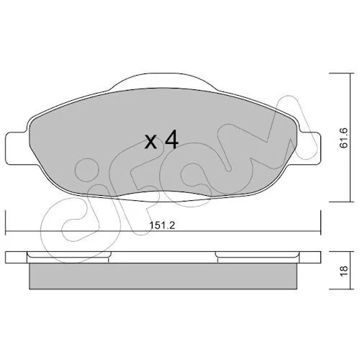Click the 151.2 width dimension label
(163, 225)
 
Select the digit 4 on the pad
(172, 140)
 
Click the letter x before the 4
(151, 143)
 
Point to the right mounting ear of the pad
(309, 148)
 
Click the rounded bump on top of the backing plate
(162, 81)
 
